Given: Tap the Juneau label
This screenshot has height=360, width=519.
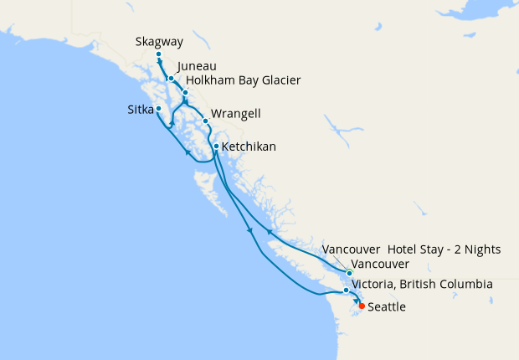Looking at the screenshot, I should (198, 65).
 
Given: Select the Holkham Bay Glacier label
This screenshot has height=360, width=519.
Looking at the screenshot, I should (243, 80).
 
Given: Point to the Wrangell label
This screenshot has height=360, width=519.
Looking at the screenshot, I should (237, 113).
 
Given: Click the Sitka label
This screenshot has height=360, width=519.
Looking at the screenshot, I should (136, 109).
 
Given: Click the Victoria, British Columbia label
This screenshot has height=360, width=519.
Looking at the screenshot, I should (422, 285).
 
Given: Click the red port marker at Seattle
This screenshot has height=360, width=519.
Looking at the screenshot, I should (362, 306).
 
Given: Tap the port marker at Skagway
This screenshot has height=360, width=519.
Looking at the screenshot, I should (158, 55).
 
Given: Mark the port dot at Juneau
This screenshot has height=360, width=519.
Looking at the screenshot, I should (171, 79).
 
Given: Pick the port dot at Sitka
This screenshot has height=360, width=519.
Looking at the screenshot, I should (158, 108).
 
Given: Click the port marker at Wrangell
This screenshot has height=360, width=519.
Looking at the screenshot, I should (205, 121).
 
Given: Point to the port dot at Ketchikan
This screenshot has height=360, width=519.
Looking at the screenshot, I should (216, 147).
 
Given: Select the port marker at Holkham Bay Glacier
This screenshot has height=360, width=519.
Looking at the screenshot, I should (185, 91).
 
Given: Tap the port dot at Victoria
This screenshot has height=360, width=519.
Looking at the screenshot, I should (346, 291).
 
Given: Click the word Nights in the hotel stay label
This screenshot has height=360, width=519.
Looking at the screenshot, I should (482, 249).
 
